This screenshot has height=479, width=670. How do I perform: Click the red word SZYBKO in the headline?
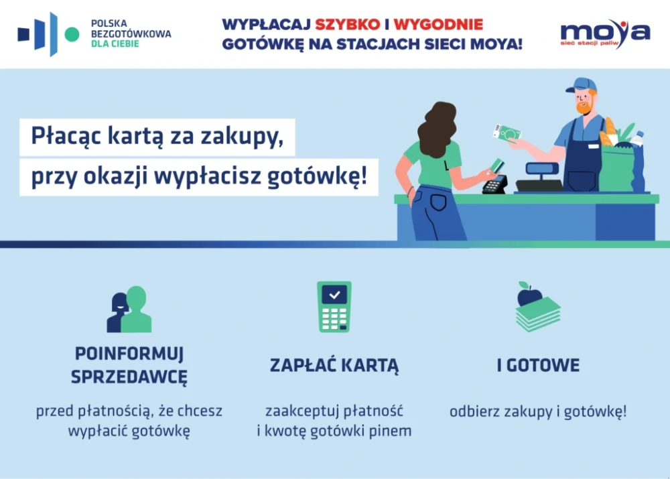pos(347,24)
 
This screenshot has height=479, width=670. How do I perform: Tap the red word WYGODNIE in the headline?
pos(438,24)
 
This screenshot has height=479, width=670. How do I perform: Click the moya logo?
pos(605,33)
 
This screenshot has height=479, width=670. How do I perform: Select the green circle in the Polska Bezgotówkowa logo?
pos(72,35)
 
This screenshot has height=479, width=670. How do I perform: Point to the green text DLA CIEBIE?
pos(115,44)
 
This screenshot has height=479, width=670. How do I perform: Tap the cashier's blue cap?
pos(580,84)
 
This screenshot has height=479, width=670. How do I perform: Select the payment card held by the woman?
pos(496,165)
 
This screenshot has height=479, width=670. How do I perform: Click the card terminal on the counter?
pos(495,184)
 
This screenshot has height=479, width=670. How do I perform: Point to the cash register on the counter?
pos(540,178)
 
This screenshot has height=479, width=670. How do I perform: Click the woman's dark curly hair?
pos(437,129)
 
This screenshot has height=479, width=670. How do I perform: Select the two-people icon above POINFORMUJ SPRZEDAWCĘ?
pos(129,309)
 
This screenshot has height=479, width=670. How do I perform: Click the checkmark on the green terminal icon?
pos(334,294)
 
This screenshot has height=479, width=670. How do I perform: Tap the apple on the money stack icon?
pos(529,294)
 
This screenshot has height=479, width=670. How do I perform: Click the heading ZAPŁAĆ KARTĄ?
pos(334,366)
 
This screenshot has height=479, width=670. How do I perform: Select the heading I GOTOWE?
pos(538,365)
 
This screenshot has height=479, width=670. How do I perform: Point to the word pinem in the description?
pos(390,431)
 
